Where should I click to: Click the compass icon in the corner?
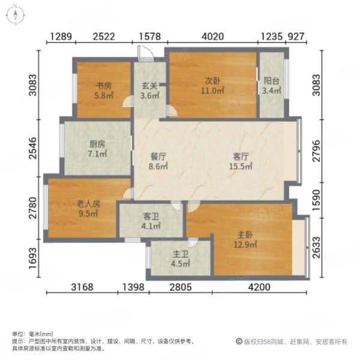(15, 15)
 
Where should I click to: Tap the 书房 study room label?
(104, 86)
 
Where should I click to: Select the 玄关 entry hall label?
(149, 86)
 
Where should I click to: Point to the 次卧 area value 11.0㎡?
(212, 91)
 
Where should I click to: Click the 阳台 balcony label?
(271, 81)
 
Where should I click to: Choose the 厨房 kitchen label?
(97, 144)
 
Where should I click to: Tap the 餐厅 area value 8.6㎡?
(158, 166)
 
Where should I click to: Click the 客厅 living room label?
(241, 157)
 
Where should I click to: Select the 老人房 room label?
(88, 203)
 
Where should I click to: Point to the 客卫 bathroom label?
(151, 216)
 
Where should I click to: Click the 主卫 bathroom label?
(181, 254)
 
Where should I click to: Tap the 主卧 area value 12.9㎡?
(245, 245)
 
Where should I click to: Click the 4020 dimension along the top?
(212, 37)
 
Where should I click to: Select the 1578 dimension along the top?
(150, 37)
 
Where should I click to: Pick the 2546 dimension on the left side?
(34, 148)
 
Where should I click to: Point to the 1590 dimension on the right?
(316, 200)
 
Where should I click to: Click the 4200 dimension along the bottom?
(259, 287)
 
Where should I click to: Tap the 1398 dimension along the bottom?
(133, 287)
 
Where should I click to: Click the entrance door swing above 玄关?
(145, 54)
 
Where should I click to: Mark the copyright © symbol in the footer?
(239, 341)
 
